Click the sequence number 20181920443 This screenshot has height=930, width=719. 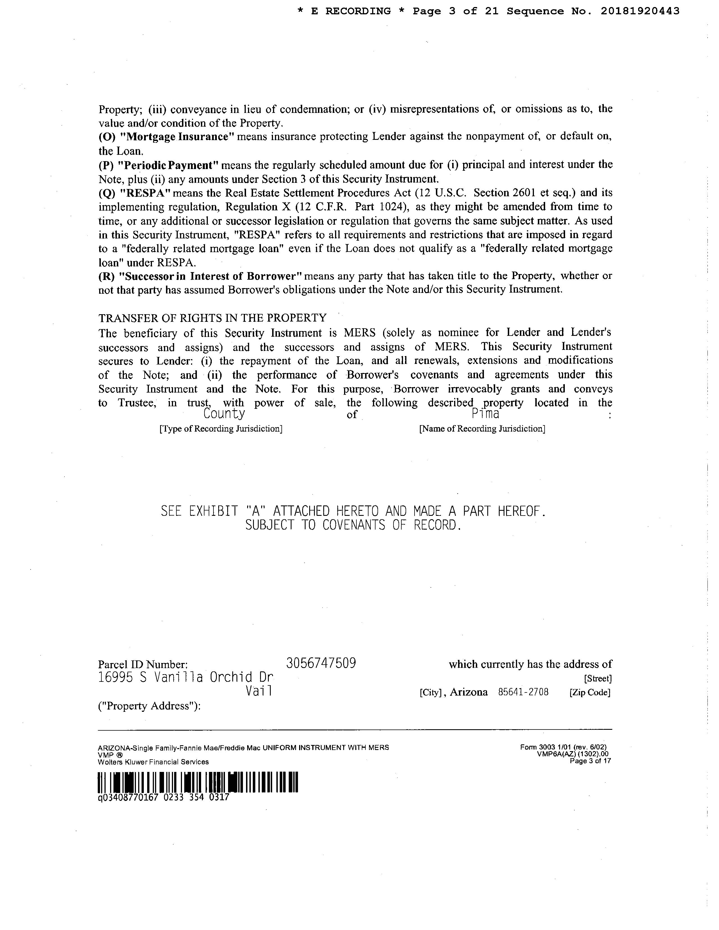640,12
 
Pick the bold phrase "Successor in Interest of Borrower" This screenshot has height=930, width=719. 211,276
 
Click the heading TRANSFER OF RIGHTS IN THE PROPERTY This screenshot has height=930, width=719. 213,318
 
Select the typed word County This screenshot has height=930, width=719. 224,414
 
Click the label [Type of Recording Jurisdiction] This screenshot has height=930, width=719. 221,428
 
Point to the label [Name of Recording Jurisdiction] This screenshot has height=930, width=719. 482,428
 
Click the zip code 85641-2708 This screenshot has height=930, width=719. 523,692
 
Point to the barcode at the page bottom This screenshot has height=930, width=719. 198,782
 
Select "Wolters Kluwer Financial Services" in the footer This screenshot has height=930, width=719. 153,762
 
